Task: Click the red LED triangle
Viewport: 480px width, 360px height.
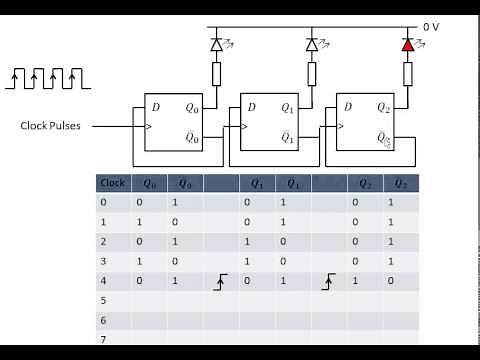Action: click(407, 45)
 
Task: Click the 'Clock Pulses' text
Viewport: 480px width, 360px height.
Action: click(56, 126)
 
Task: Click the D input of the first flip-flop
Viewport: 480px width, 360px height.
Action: click(155, 106)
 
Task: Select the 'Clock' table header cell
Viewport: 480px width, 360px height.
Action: click(113, 183)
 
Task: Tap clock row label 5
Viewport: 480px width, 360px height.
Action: click(103, 299)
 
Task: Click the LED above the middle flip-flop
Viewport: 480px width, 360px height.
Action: click(312, 45)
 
